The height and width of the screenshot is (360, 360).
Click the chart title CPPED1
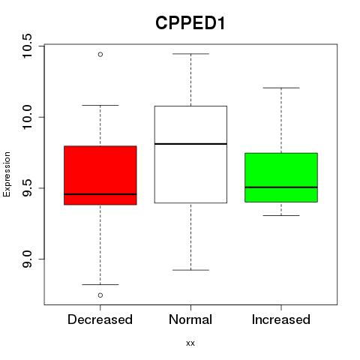coord(190,23)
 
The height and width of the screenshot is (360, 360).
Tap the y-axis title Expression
coord(7,174)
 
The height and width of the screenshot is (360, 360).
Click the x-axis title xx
coord(190,343)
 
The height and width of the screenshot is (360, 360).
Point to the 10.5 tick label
coord(26,46)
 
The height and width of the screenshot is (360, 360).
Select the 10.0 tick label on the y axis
coord(26,117)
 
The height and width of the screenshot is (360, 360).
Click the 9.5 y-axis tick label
coord(26,188)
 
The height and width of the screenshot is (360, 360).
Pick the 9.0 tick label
coord(26,259)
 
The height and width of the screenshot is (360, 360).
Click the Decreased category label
coord(100,319)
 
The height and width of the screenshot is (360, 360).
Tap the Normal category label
coord(190,319)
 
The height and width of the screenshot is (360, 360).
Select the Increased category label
coord(281,319)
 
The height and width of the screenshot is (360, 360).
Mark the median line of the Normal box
coord(190,144)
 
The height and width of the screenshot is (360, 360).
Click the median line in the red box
coord(100,194)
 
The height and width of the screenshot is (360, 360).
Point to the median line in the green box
coord(281,187)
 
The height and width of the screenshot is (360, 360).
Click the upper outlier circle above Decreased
coord(100,54)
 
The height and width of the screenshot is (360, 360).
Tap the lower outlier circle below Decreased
coord(100,295)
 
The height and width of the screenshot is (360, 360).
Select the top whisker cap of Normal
coord(190,54)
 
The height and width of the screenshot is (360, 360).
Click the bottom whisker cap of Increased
coord(281,215)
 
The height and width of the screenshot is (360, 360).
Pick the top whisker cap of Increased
coord(281,88)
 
